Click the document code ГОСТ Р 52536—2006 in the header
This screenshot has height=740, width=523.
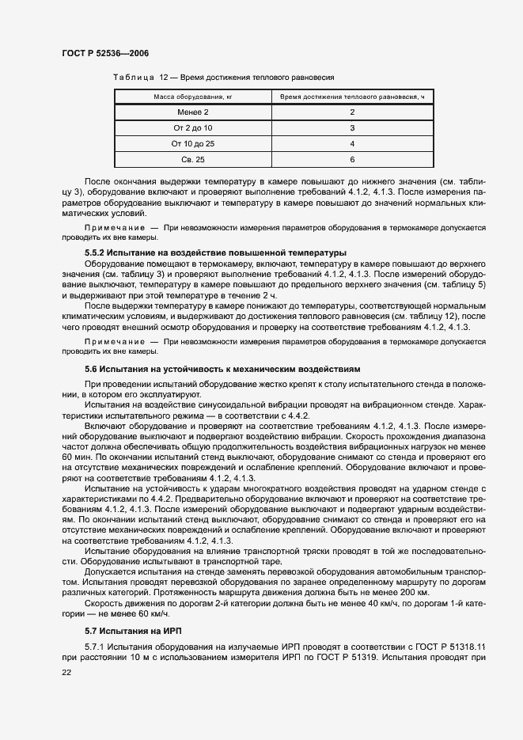pos(104,53)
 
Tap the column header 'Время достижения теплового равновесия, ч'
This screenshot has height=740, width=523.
pos(352,97)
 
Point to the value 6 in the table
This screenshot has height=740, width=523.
pos(352,160)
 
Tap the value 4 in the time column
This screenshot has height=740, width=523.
pos(352,144)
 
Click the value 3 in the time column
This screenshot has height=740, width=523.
pos(352,128)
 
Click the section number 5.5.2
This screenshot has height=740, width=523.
pos(97,252)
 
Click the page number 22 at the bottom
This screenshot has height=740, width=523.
pos(66,671)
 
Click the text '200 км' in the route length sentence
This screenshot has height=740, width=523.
pos(413,592)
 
